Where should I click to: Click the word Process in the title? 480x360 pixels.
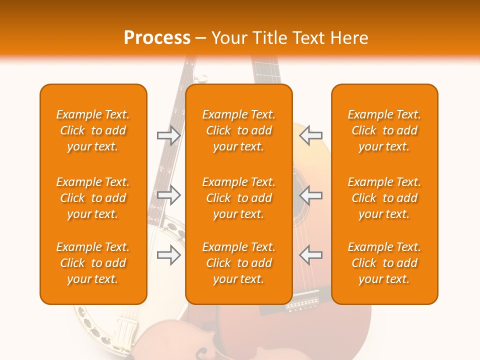[157, 38]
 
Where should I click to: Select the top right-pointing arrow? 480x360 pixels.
[168, 135]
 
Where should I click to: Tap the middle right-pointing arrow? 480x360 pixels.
[168, 195]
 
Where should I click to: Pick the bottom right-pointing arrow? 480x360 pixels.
[168, 255]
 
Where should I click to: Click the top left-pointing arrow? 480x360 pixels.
[311, 135]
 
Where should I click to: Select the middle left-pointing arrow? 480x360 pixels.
[311, 195]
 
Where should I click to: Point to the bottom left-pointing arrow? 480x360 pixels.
[311, 255]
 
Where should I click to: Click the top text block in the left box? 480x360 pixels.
[93, 130]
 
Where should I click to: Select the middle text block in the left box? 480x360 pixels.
[93, 198]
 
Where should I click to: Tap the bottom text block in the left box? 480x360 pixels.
[93, 263]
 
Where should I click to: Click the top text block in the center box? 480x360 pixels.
[238, 130]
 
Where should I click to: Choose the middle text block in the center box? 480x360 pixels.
[238, 198]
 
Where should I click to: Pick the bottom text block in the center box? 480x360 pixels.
[238, 263]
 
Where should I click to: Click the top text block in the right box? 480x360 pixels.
[384, 130]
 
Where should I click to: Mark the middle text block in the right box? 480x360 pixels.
[384, 198]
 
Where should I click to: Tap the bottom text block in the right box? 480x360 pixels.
[384, 263]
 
